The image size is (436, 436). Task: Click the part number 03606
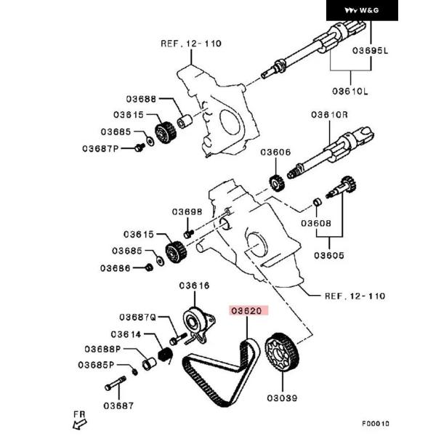(275, 153)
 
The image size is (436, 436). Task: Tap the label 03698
(187, 212)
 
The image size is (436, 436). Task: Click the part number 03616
(194, 286)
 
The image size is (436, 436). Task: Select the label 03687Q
(139, 317)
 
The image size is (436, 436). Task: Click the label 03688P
(121, 350)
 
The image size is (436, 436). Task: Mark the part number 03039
(283, 398)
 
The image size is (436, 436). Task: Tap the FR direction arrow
(80, 419)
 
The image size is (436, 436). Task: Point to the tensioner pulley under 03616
(195, 319)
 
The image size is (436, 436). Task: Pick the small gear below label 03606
(275, 181)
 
